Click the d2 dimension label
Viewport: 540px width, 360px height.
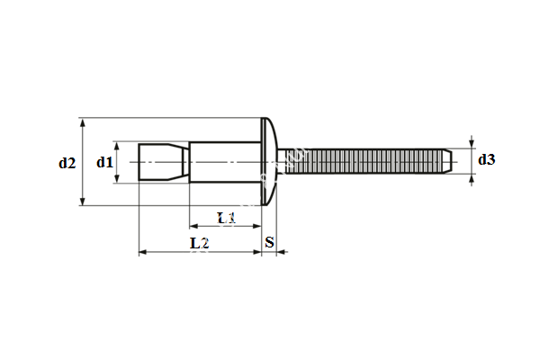click(67, 163)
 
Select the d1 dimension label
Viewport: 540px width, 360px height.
click(104, 162)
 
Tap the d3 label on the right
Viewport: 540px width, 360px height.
click(486, 159)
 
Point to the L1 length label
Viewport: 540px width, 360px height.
click(226, 217)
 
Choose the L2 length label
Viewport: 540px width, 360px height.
click(200, 243)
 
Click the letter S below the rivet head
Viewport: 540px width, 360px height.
click(270, 243)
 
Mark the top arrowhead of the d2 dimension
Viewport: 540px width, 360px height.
click(82, 121)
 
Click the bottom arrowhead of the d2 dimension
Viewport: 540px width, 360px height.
click(82, 202)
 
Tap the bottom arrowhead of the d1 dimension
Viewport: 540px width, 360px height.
click(117, 180)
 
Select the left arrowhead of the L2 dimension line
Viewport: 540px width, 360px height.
click(142, 253)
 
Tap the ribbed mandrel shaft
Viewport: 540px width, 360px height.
click(360, 162)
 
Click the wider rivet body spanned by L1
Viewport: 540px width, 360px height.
click(225, 162)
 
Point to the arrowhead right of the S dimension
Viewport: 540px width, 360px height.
click(281, 253)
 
